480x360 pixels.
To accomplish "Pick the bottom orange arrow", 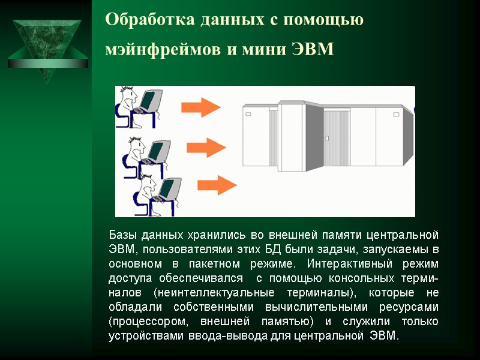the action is (217, 183).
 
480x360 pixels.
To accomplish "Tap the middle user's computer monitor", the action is (157, 150).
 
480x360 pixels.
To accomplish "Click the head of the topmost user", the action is (131, 97).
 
